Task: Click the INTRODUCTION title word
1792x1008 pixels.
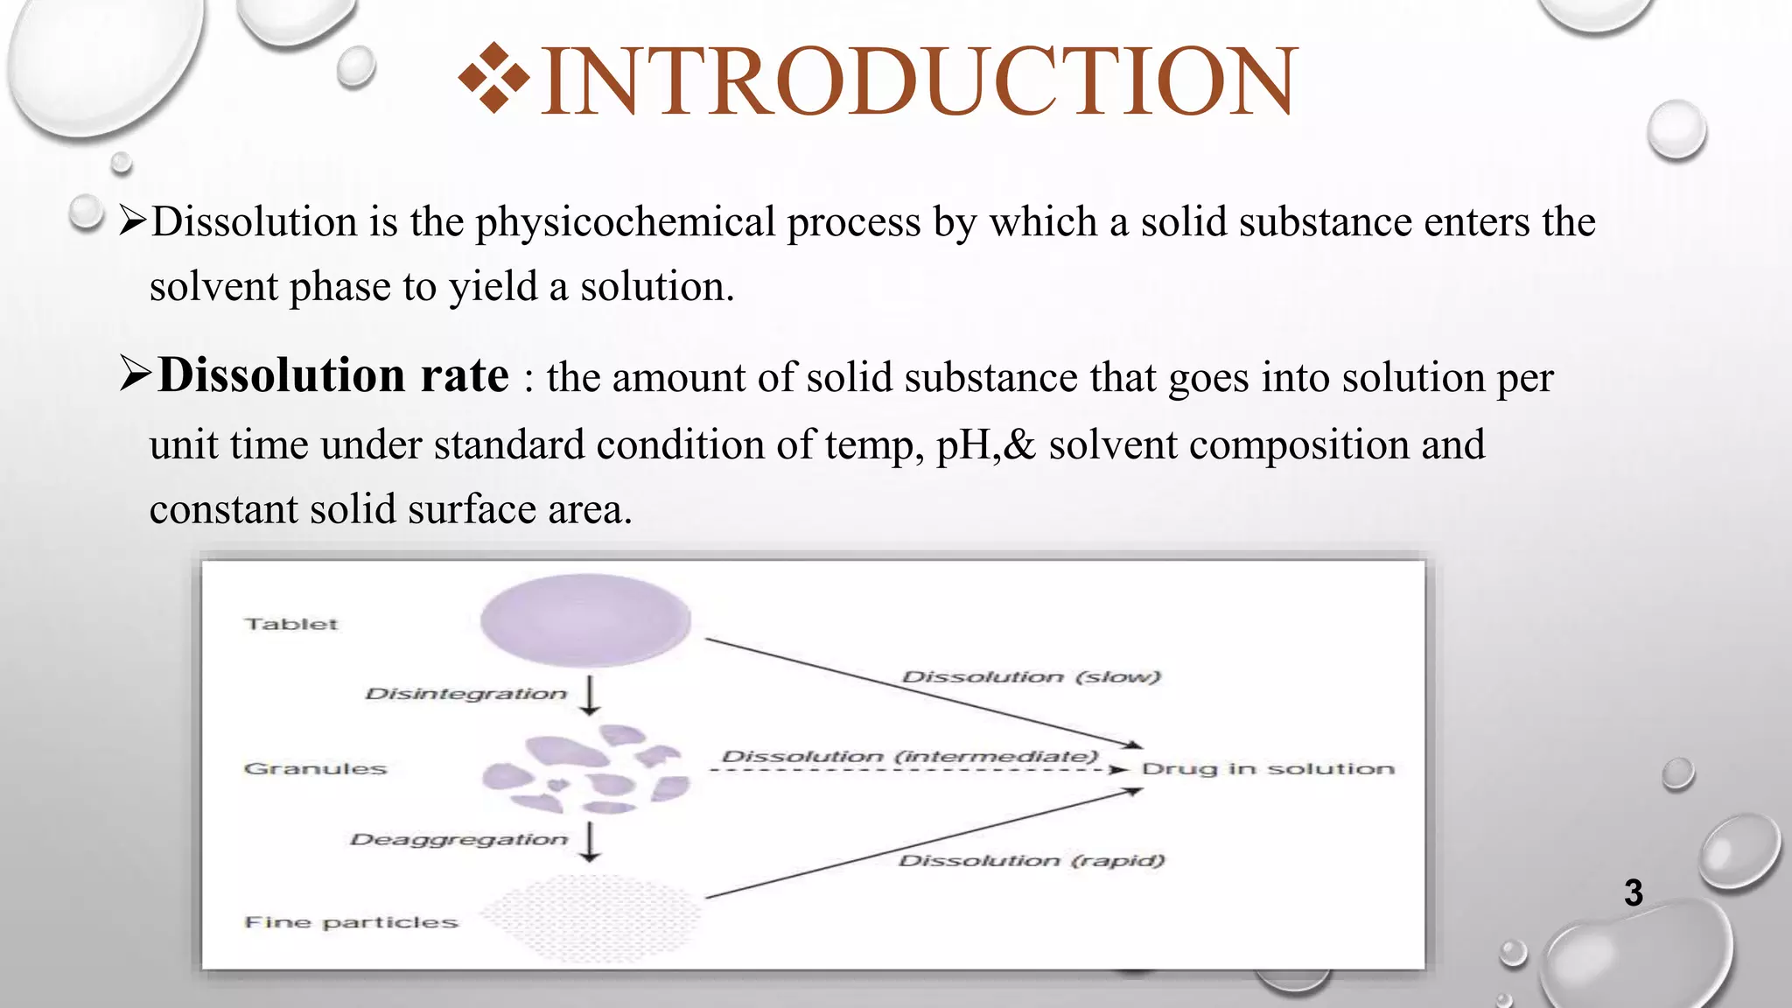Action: (919, 82)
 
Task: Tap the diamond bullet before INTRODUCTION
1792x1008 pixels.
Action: (493, 80)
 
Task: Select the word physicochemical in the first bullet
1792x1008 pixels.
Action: (625, 222)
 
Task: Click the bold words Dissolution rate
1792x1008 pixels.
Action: (333, 376)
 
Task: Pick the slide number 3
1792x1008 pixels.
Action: (1633, 892)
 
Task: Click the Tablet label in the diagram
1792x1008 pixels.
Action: (291, 624)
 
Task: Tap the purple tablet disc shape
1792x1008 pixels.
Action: (585, 620)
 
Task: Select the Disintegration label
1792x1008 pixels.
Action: (465, 694)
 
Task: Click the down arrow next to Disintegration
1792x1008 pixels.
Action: (591, 696)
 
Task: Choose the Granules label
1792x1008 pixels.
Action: (315, 769)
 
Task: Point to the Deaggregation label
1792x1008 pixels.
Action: (458, 840)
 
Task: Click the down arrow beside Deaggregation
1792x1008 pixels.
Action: (591, 842)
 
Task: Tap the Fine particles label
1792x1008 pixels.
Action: (351, 922)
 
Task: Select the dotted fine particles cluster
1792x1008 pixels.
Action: (591, 917)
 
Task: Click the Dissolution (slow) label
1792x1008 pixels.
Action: (1031, 677)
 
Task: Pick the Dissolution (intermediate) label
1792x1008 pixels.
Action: (909, 757)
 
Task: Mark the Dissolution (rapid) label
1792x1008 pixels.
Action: (1032, 861)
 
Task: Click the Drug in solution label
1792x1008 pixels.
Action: (1268, 769)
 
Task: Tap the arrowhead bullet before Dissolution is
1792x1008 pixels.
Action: (133, 221)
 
